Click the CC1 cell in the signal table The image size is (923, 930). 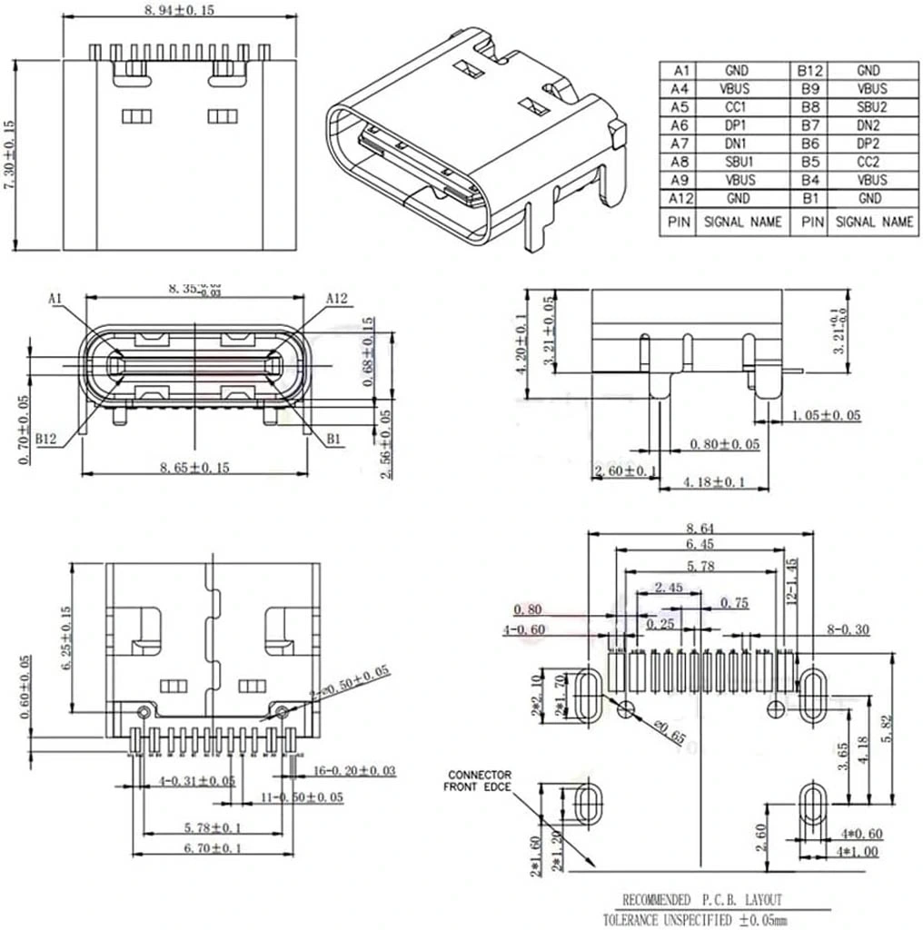(x=736, y=106)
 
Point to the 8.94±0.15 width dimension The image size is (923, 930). (x=179, y=10)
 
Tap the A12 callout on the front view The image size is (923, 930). (x=338, y=298)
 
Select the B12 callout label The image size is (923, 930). (x=47, y=440)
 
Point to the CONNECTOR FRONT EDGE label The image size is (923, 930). (x=478, y=780)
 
